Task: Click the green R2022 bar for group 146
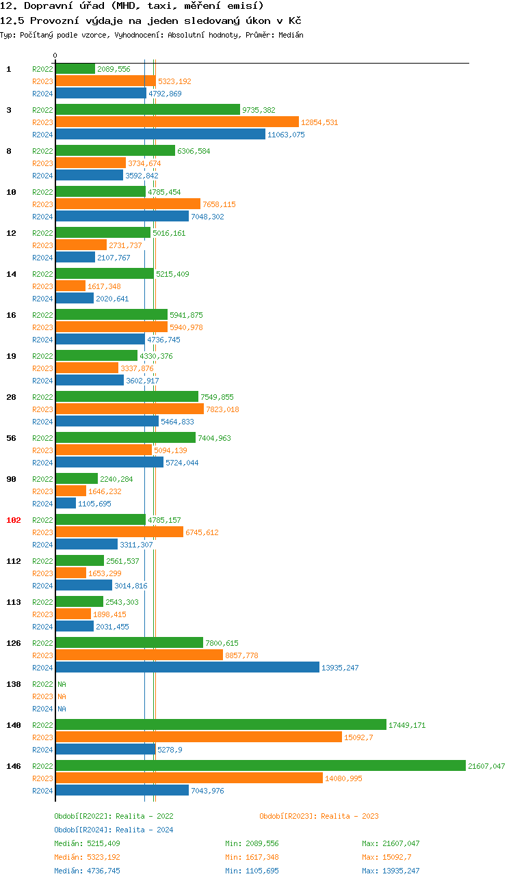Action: [x=260, y=765]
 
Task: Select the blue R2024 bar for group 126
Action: [x=187, y=667]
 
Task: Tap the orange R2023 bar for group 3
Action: [x=177, y=122]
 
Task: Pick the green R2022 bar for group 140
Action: [x=220, y=724]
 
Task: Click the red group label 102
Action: [x=14, y=520]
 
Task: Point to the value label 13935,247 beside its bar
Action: [x=340, y=668]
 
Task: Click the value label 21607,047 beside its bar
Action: [x=486, y=766]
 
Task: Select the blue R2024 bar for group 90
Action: [x=66, y=503]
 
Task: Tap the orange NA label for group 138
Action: [x=62, y=696]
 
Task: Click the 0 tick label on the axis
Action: [x=55, y=55]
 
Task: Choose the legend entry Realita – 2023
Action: [x=319, y=816]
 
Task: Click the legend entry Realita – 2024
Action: [x=114, y=830]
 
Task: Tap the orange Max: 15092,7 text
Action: [x=386, y=857]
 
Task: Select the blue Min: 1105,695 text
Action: [x=252, y=871]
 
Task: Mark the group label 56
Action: [x=12, y=438]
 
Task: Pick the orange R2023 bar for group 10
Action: [x=128, y=204]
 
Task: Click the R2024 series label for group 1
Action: [x=42, y=94]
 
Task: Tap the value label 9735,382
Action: [x=259, y=110]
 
